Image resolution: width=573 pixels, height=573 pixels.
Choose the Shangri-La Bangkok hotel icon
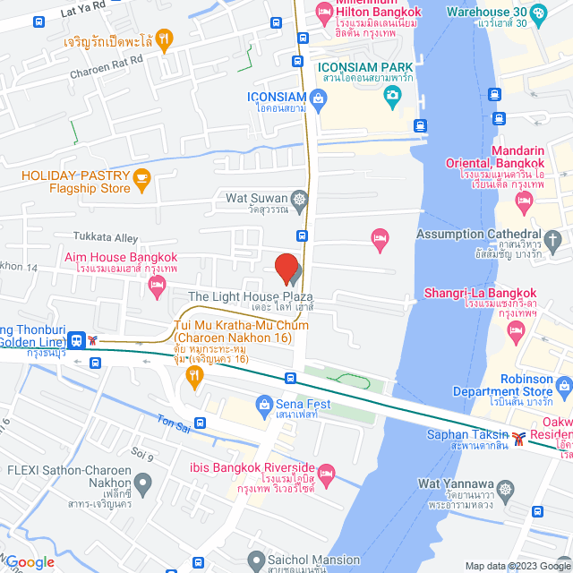(516, 331)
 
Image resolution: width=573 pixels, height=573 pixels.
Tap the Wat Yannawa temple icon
(508, 490)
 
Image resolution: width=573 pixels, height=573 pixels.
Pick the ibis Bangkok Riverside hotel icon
(327, 472)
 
